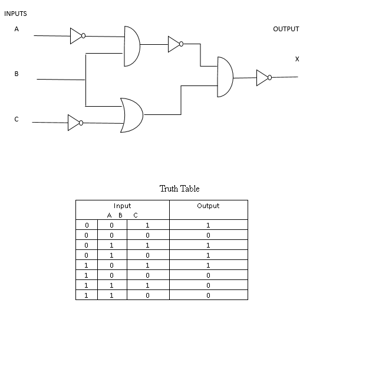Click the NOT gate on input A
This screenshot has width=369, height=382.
(77, 36)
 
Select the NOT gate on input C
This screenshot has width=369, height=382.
(75, 123)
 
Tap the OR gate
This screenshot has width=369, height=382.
(131, 115)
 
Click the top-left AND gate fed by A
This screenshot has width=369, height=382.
(131, 46)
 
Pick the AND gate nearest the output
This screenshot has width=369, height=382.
(225, 77)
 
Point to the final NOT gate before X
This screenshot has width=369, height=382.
(263, 77)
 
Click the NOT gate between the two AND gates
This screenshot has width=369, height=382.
(175, 44)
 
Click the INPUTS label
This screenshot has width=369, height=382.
(15, 14)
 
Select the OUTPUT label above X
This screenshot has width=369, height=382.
(286, 29)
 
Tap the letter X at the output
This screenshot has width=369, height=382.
(297, 59)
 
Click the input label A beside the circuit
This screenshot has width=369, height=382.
(17, 28)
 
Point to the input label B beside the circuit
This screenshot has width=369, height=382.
(17, 74)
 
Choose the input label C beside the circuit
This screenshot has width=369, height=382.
(17, 119)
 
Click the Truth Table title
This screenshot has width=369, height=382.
(179, 189)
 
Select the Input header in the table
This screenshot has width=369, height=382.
(122, 206)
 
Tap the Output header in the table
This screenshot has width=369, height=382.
(208, 206)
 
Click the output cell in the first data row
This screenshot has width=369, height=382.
(208, 225)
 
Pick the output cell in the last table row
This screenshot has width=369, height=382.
(208, 295)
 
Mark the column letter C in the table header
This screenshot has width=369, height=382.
(135, 215)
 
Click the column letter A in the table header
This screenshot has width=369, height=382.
(110, 215)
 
